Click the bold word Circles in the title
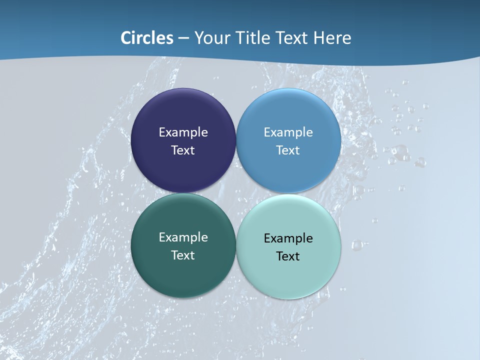click(x=146, y=38)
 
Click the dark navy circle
click(x=183, y=110)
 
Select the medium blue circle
click(x=288, y=110)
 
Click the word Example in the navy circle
click(x=183, y=132)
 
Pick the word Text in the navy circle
click(x=183, y=150)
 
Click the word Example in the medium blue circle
click(x=288, y=132)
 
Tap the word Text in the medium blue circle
click(x=288, y=150)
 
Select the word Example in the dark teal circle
click(x=183, y=237)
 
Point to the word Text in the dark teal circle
click(x=183, y=255)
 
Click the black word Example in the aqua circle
click(x=288, y=238)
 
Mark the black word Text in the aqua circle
click(x=288, y=256)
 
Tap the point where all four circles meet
click(x=236, y=193)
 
